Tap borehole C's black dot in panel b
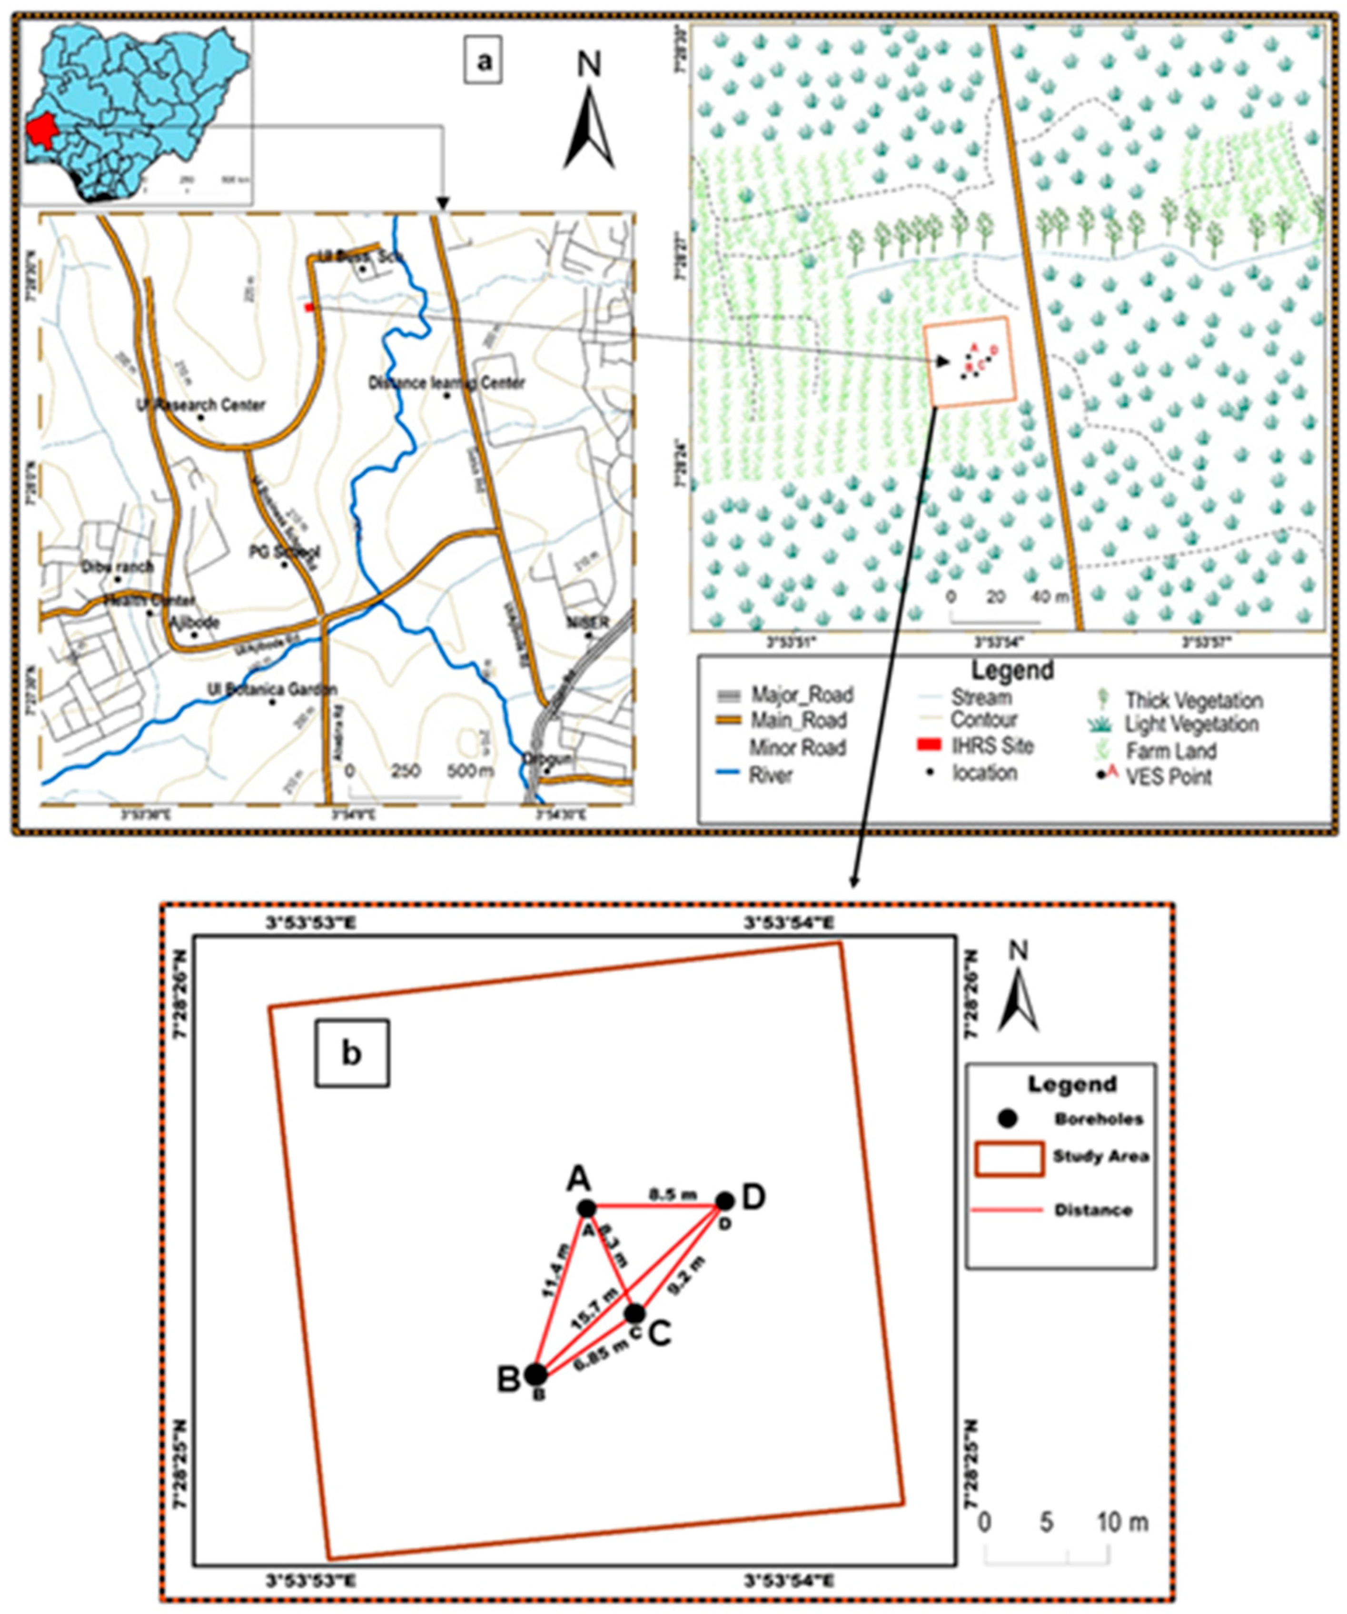point(634,1314)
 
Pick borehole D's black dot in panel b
point(724,1201)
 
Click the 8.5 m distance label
point(673,1195)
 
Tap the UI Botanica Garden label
point(271,689)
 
